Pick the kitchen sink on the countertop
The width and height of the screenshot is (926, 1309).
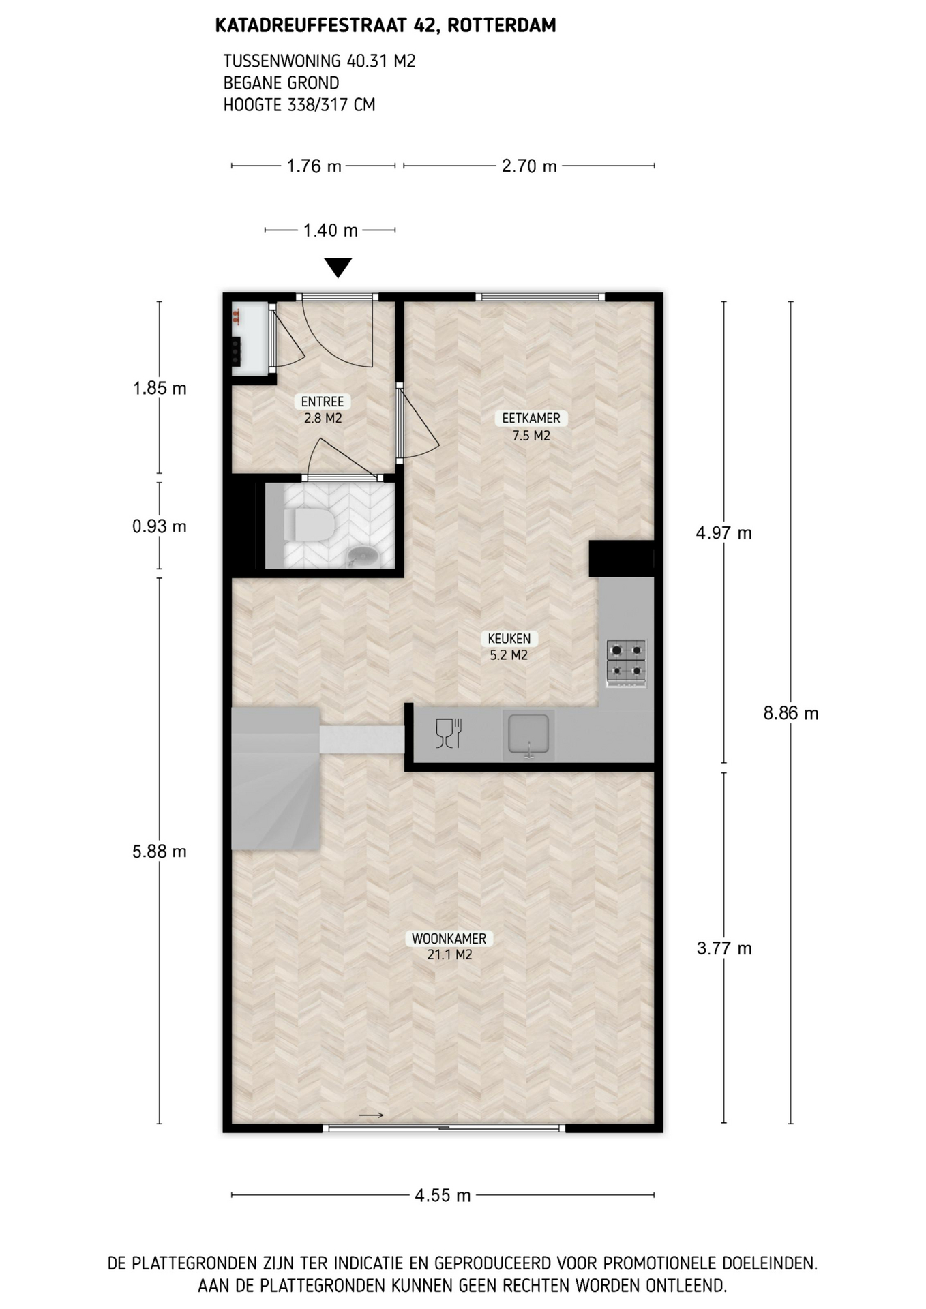coord(528,736)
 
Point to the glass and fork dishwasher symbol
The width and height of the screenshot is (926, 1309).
coord(449,734)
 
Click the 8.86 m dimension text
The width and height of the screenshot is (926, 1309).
coord(791,714)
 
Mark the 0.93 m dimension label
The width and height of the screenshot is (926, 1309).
coord(160,526)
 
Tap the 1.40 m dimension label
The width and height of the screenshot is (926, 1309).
coord(331,230)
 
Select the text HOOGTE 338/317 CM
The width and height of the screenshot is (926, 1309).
coord(299,105)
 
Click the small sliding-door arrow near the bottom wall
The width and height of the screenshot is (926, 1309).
coord(371,1116)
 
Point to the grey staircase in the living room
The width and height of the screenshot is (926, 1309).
coord(275,779)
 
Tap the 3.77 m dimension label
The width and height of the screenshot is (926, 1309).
coord(724,948)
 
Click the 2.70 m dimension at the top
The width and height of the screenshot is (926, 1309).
coord(529,166)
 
